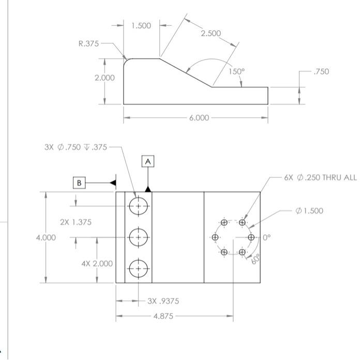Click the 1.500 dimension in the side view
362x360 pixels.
[x=141, y=25]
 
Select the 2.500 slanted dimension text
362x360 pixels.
[x=210, y=33]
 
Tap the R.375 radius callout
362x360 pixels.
[x=88, y=44]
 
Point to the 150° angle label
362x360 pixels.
[x=236, y=71]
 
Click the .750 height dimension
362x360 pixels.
[x=321, y=71]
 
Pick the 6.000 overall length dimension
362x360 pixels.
[x=199, y=118]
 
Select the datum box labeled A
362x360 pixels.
[x=148, y=161]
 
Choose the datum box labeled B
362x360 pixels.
[x=79, y=183]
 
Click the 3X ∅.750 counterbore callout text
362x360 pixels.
[x=76, y=147]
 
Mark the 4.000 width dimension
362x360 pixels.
[x=46, y=237]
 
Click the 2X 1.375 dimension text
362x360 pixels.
[x=76, y=222]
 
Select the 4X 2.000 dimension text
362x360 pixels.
[x=97, y=263]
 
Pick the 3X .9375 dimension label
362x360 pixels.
[x=163, y=301]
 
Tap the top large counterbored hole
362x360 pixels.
[x=138, y=205]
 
